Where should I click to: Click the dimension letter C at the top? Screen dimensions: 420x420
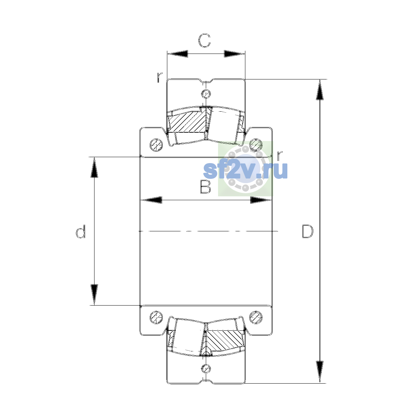pyautogui.click(x=204, y=41)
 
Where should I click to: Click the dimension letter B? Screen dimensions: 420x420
pyautogui.click(x=205, y=187)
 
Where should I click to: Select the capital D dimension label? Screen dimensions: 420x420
pyautogui.click(x=308, y=231)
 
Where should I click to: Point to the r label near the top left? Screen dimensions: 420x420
pyautogui.click(x=160, y=77)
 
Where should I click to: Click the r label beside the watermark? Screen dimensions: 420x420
pyautogui.click(x=279, y=155)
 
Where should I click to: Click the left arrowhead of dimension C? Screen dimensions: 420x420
pyautogui.click(x=177, y=54)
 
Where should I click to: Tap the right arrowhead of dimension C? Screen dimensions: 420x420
pyautogui.click(x=234, y=54)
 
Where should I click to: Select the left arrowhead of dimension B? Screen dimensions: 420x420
pyautogui.click(x=151, y=200)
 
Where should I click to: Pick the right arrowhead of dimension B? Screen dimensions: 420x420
pyautogui.click(x=261, y=200)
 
